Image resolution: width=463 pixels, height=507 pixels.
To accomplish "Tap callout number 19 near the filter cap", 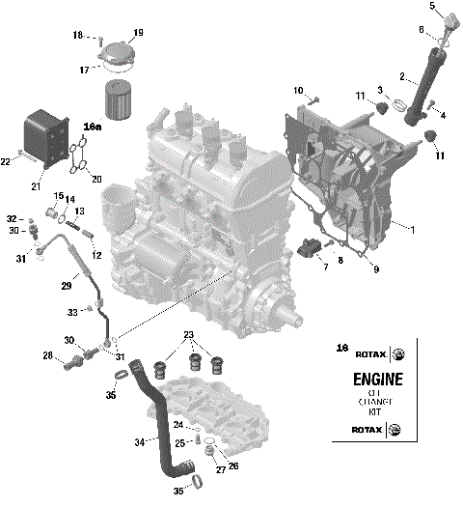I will point(137,33).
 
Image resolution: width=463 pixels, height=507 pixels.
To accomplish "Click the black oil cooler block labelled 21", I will point(44,139).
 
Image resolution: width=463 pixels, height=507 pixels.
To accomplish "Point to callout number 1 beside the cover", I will point(412,229).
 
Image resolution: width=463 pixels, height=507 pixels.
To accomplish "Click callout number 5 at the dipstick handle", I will point(432,8).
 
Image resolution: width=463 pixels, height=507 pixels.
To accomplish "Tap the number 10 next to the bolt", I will point(298,90).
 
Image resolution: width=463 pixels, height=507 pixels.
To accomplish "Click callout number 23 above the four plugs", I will point(189,336).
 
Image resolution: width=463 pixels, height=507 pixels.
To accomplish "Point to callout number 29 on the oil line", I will point(67,286).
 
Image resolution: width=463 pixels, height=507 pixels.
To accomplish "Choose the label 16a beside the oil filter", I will point(92,127).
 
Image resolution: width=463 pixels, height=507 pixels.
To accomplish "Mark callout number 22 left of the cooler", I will point(6,161).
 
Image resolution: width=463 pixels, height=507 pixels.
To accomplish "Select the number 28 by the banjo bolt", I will point(48,355).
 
